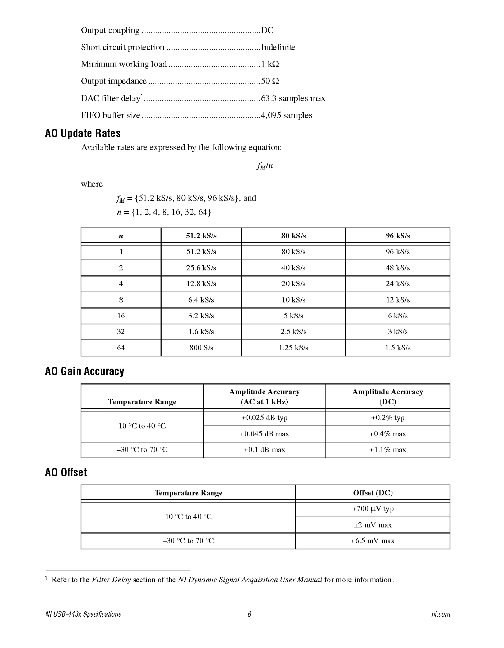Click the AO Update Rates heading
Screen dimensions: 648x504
(x=82, y=134)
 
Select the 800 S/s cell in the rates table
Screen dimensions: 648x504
(x=201, y=348)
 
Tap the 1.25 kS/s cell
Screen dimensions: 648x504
(x=293, y=348)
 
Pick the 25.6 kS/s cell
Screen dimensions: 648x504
(x=201, y=268)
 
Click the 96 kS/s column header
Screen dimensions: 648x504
(x=397, y=236)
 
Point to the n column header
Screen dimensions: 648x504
(x=121, y=236)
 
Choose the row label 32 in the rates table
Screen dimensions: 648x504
(x=121, y=332)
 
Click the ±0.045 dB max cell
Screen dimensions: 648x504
(x=264, y=434)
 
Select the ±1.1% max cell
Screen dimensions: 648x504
(x=387, y=450)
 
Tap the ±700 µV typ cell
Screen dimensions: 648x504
(x=373, y=509)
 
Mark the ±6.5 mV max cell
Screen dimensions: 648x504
(x=373, y=541)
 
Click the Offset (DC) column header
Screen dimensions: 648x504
(x=373, y=493)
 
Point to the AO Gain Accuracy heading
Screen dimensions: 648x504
(x=85, y=372)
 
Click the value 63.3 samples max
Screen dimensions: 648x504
(x=293, y=98)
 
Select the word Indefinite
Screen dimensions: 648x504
(x=278, y=47)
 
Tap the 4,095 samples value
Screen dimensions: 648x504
(x=287, y=115)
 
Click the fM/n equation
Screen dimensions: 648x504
(x=265, y=166)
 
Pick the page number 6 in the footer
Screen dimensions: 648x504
(x=249, y=614)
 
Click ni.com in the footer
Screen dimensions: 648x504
(x=441, y=614)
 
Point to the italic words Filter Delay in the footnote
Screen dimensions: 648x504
(x=111, y=580)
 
